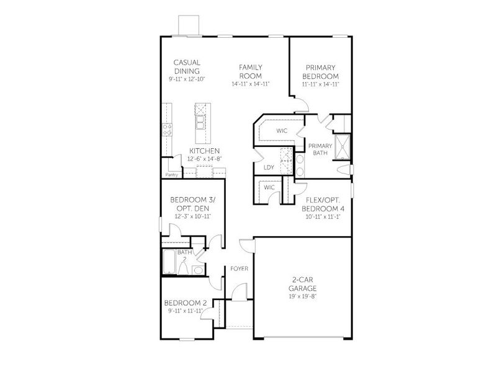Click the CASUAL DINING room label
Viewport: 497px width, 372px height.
coord(187,66)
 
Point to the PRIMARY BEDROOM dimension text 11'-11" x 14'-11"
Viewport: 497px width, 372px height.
coord(320,84)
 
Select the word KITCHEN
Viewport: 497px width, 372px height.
coord(204,151)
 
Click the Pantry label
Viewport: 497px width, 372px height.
coord(172,174)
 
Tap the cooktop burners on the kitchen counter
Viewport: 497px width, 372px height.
coord(167,130)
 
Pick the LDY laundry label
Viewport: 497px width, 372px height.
coord(269,167)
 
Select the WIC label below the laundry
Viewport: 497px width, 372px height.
coord(269,187)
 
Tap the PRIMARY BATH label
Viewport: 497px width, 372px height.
coord(320,149)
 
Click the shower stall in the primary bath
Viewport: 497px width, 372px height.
coord(342,149)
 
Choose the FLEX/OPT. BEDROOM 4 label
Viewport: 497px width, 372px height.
coord(324,205)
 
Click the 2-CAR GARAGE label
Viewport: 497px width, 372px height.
coord(302,285)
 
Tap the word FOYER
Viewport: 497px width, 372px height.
coord(240,268)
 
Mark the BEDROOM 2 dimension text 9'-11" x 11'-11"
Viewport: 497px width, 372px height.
coord(183,311)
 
